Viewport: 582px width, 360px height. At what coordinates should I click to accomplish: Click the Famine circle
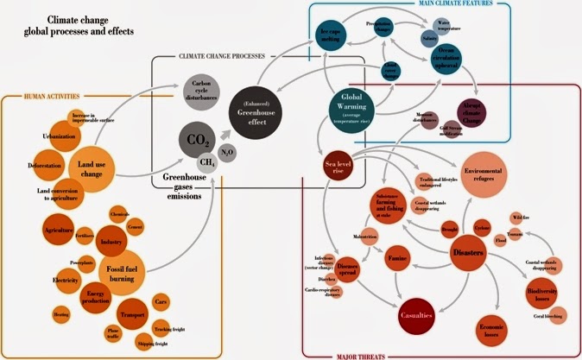coord(396,258)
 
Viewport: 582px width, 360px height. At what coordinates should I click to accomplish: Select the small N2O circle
coord(227,153)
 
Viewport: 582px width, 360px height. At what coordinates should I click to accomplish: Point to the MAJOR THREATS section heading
coord(438,354)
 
